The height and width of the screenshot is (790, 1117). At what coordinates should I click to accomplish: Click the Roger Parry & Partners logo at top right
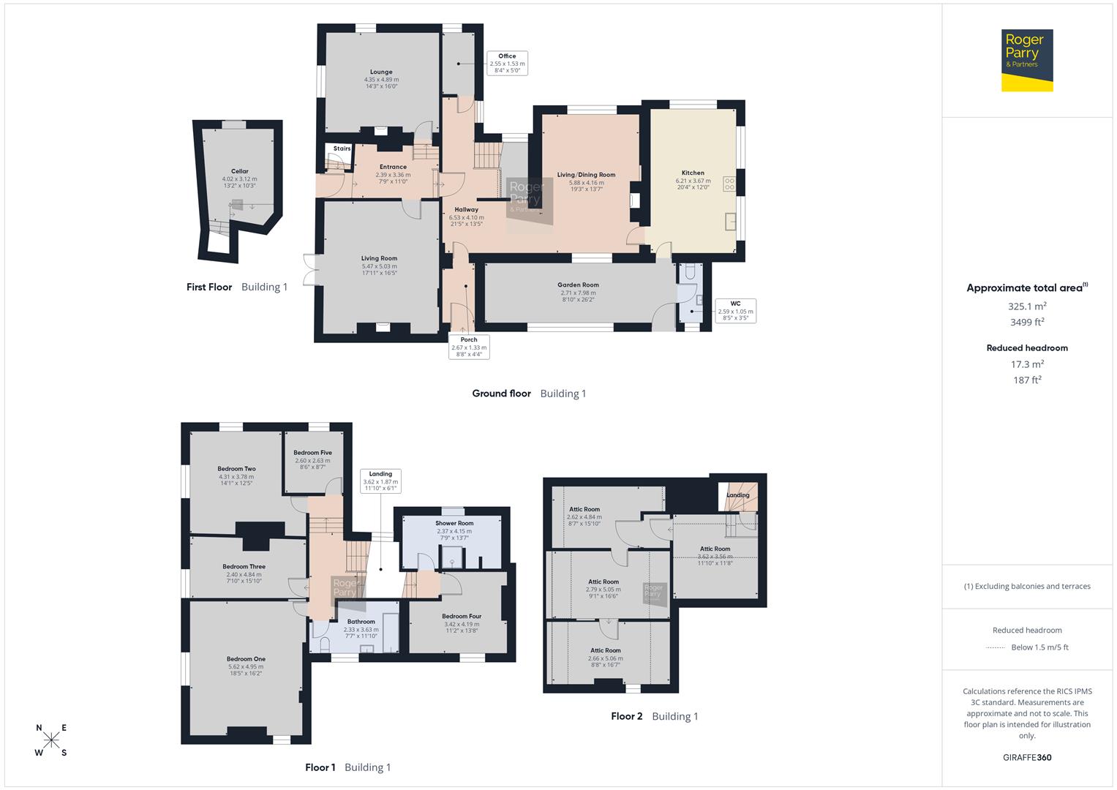pyautogui.click(x=1026, y=60)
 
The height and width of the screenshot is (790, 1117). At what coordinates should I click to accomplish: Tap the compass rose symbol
pyautogui.click(x=51, y=740)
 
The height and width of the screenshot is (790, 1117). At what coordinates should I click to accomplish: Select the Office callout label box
pyautogui.click(x=507, y=64)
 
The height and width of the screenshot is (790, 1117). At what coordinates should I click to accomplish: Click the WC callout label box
pyautogui.click(x=735, y=311)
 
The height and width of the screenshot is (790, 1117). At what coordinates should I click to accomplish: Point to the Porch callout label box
pyautogui.click(x=469, y=347)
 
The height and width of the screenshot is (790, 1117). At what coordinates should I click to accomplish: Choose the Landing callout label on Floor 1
pyautogui.click(x=380, y=481)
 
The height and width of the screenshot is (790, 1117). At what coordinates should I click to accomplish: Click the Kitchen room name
pyautogui.click(x=693, y=173)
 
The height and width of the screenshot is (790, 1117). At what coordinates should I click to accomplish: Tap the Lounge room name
pyautogui.click(x=381, y=72)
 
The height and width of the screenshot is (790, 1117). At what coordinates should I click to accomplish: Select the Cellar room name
pyautogui.click(x=239, y=171)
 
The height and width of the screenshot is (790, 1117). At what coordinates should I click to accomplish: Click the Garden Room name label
pyautogui.click(x=578, y=285)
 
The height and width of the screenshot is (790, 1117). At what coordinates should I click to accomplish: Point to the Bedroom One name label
pyautogui.click(x=246, y=659)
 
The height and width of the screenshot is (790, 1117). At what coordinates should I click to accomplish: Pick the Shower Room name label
pyautogui.click(x=454, y=524)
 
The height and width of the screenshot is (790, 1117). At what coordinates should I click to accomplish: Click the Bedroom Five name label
pyautogui.click(x=312, y=453)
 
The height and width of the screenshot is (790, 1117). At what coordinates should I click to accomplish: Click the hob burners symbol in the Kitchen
pyautogui.click(x=729, y=184)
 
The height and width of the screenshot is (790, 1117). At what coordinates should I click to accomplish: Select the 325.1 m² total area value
pyautogui.click(x=1027, y=306)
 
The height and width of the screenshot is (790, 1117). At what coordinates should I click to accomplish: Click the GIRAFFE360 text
pyautogui.click(x=1027, y=757)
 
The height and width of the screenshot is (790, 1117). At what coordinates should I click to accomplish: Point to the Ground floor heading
pyautogui.click(x=501, y=394)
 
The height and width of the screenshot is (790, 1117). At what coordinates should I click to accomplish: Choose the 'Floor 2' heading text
pyautogui.click(x=626, y=716)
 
